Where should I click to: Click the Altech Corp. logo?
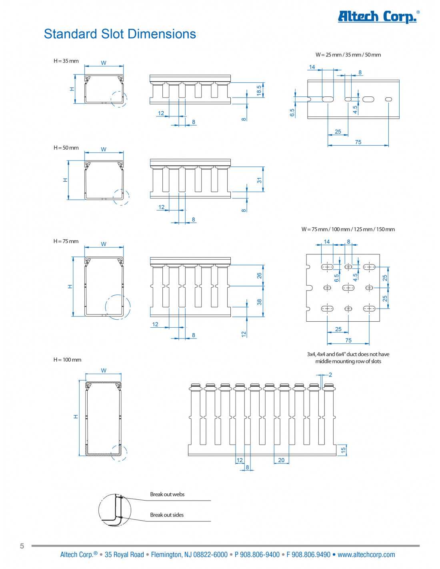tap(378, 16)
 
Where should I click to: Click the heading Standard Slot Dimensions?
tap(120, 34)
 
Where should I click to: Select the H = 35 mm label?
tap(66, 61)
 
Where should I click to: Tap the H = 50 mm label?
tap(66, 148)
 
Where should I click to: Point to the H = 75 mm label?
tap(66, 241)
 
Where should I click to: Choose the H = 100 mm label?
tap(67, 360)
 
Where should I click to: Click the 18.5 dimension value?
tap(259, 90)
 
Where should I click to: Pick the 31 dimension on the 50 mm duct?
tap(260, 180)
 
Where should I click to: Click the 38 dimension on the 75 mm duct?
tap(260, 302)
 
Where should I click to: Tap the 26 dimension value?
tap(260, 276)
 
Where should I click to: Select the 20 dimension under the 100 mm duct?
tap(281, 460)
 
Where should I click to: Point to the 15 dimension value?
tap(343, 450)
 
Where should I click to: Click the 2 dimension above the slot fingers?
tap(330, 375)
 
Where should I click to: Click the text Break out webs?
tap(167, 494)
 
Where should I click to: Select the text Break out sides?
tap(167, 515)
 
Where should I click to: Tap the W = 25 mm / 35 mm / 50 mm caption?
tap(348, 55)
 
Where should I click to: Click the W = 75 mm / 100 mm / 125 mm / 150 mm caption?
tap(348, 229)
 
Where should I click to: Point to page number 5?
tap(22, 546)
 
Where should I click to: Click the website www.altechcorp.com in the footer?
tap(366, 555)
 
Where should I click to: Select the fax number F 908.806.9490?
tap(308, 555)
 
